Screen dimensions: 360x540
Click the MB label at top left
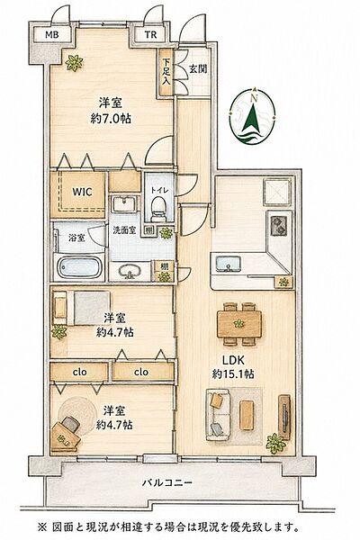click(52, 34)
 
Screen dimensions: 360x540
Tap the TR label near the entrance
click(150, 35)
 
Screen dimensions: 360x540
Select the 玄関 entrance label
click(198, 68)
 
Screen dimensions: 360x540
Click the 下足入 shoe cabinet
click(166, 72)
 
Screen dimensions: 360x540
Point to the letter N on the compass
click(254, 98)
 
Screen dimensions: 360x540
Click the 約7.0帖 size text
click(111, 120)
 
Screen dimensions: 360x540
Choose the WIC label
click(82, 192)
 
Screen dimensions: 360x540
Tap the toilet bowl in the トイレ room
click(158, 209)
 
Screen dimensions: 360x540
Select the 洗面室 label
click(124, 230)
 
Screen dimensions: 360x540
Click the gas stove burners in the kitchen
click(278, 225)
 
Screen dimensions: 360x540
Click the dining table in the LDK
click(239, 324)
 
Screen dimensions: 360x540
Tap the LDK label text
click(233, 361)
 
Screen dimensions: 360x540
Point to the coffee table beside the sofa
click(247, 415)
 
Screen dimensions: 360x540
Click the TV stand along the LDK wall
click(284, 418)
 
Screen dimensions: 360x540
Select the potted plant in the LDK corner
click(276, 444)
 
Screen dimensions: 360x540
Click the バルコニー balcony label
click(167, 482)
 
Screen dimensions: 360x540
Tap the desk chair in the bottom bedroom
click(70, 424)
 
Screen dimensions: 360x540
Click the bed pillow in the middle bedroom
click(60, 308)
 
